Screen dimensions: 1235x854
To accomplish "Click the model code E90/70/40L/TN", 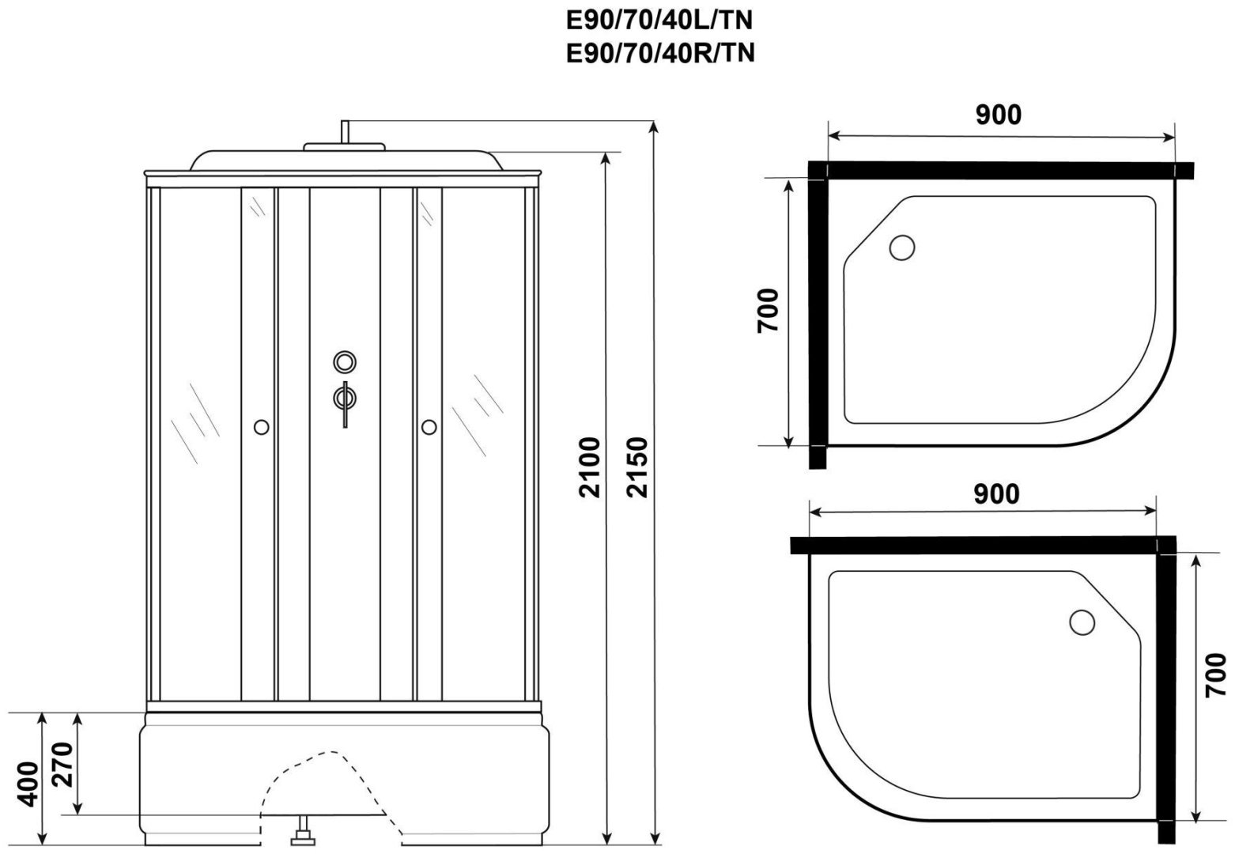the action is (x=659, y=21).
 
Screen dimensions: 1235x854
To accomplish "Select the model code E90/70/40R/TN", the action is (x=660, y=54).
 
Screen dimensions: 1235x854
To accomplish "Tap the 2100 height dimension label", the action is (x=589, y=467).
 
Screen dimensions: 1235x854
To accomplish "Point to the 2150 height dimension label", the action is (x=637, y=467).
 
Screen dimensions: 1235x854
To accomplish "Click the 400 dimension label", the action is (x=28, y=784).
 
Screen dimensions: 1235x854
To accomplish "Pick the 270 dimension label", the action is (x=62, y=765).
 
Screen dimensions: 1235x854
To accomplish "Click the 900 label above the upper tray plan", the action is (x=999, y=115).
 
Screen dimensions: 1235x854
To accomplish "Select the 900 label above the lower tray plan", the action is (x=996, y=494).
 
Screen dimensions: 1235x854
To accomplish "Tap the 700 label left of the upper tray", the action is (x=768, y=311).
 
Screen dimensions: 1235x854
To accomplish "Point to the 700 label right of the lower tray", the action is (x=1215, y=675).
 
